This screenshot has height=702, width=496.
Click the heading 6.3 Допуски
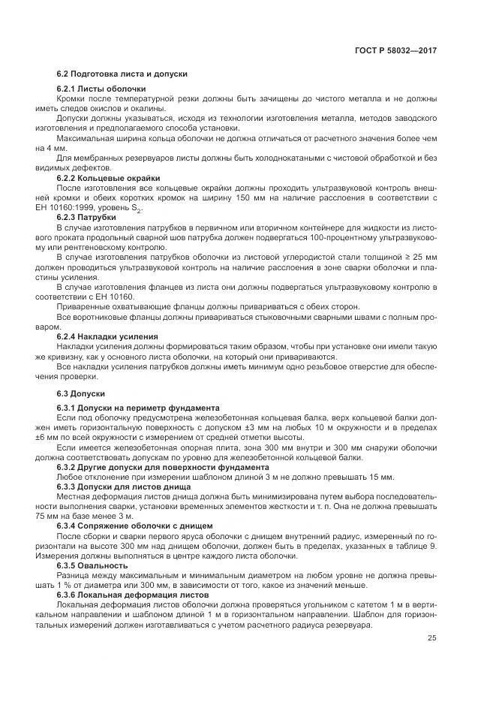[x=81, y=393]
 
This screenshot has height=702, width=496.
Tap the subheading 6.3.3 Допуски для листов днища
[x=124, y=487]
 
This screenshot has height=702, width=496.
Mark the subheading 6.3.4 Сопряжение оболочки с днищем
[x=135, y=525]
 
